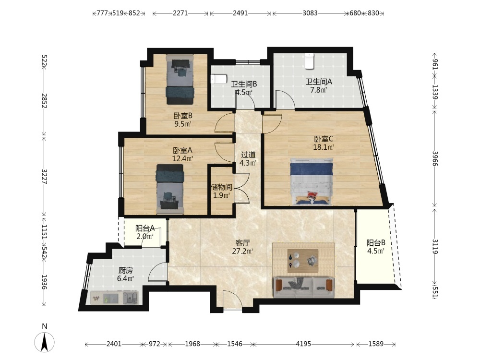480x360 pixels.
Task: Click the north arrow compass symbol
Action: (x=44, y=341)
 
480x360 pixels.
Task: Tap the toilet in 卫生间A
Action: (x=310, y=60)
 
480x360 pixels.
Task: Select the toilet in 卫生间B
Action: (x=219, y=79)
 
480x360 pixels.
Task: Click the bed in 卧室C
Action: (x=312, y=181)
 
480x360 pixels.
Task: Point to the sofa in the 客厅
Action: (x=303, y=288)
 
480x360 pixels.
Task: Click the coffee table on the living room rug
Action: (x=303, y=261)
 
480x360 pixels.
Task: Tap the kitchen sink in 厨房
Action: (x=131, y=298)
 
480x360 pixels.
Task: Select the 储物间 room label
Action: (x=221, y=187)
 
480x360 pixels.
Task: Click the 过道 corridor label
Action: (x=248, y=155)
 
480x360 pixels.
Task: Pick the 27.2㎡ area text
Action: (x=243, y=252)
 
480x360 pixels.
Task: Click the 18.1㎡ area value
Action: (x=323, y=147)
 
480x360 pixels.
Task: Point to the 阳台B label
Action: (x=376, y=243)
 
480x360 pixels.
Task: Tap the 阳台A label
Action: (x=145, y=228)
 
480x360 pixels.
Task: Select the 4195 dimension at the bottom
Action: (x=303, y=344)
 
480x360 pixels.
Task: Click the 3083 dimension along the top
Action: (x=310, y=13)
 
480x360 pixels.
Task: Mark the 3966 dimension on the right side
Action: (x=435, y=158)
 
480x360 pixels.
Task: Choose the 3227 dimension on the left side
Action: (x=44, y=177)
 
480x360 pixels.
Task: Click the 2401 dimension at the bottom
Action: (x=114, y=344)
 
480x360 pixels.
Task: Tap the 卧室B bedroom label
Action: (x=183, y=116)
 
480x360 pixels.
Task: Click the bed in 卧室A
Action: (x=170, y=189)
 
